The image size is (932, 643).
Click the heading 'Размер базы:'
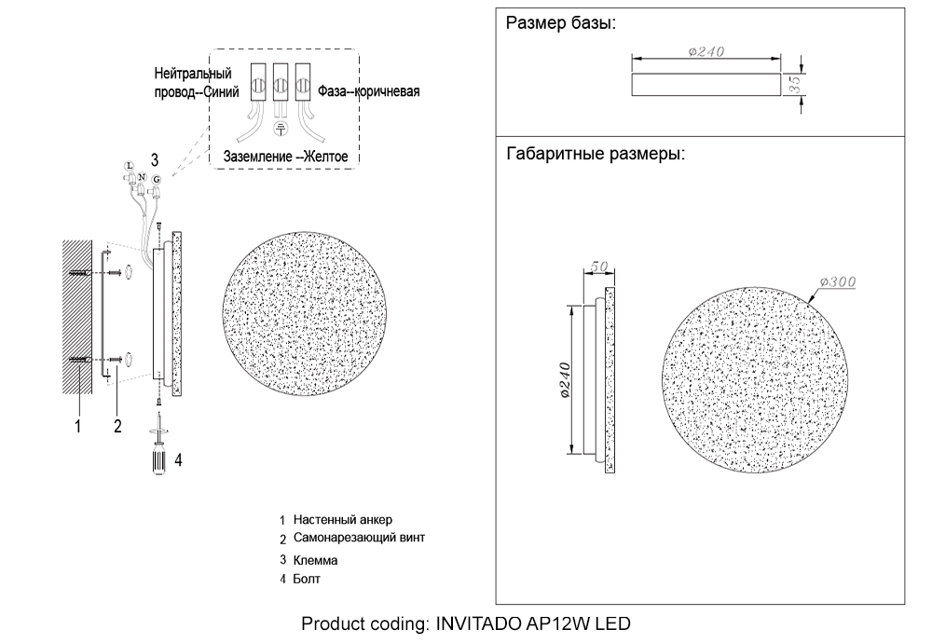point(560,24)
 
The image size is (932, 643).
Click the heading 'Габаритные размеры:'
point(596,154)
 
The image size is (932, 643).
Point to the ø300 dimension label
point(838,281)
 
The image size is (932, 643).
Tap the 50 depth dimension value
point(597,267)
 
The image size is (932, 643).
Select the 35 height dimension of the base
point(795,84)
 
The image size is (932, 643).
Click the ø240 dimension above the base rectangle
point(706,52)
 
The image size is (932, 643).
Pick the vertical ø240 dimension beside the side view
point(566,380)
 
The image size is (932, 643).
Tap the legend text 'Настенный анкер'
point(336,519)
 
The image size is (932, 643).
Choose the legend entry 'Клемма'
point(315,561)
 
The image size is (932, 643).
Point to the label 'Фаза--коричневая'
point(369,91)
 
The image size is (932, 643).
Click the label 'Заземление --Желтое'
point(285,157)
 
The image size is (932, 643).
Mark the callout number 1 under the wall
point(78,427)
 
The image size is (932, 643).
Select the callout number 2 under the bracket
point(117,427)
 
